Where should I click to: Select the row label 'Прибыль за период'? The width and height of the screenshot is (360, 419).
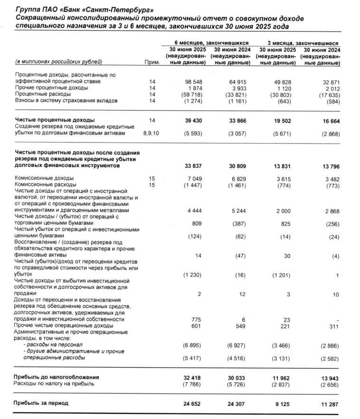pos(41,403)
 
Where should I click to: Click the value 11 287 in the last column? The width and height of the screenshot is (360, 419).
pos(329,403)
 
